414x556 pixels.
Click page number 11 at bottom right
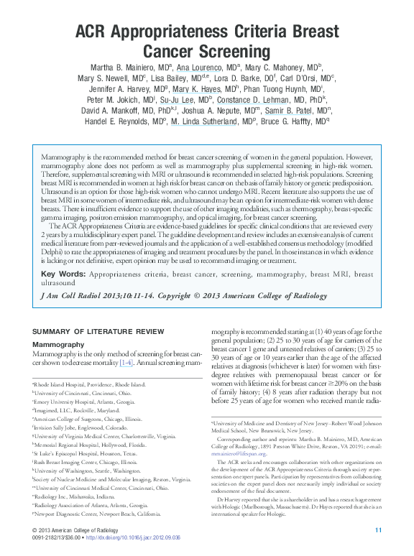(x=379, y=530)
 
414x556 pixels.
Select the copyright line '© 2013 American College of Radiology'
(x=83, y=530)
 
